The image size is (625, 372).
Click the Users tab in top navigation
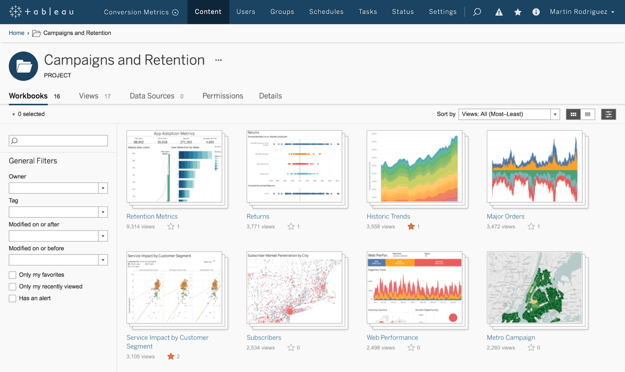pos(246,12)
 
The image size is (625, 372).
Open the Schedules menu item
pos(326,12)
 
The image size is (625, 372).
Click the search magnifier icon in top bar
pos(477,12)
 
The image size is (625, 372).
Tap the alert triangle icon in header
pos(499,12)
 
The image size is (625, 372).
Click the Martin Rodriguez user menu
pos(582,12)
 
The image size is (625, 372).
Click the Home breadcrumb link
pos(16,33)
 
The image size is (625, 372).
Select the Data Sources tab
pos(152,96)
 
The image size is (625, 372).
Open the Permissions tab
pos(223,96)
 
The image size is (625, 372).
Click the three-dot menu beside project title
pos(218,60)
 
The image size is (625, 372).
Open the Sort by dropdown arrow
pos(555,114)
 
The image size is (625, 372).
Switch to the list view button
pos(587,114)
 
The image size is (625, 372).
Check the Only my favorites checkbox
pos(12,275)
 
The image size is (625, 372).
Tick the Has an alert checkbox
pos(12,298)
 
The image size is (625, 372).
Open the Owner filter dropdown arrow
pos(103,188)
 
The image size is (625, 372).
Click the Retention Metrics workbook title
pos(152,216)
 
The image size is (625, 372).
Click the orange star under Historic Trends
pos(411,226)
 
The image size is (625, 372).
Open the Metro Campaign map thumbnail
pos(534,287)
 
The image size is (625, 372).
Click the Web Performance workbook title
pos(392,338)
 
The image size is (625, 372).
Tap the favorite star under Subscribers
pos(291,347)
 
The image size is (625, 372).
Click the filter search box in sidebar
pos(59,141)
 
